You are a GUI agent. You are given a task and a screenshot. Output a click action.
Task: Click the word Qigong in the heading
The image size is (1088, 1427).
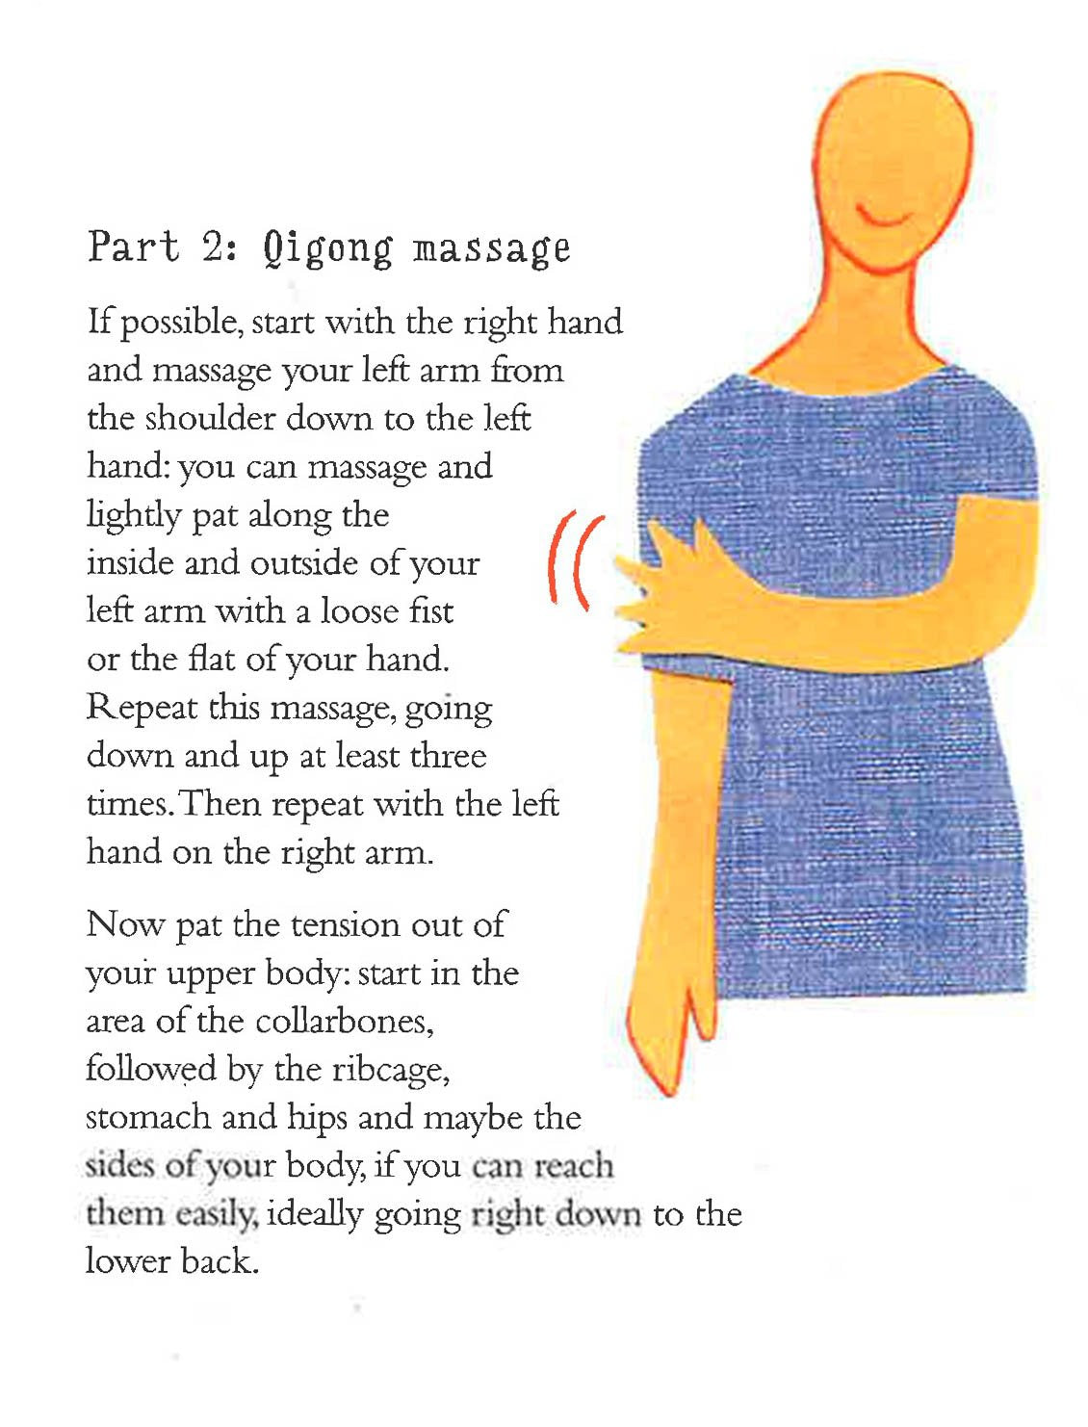point(328,249)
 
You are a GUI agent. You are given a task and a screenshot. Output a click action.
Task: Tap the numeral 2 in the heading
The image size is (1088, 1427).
point(213,246)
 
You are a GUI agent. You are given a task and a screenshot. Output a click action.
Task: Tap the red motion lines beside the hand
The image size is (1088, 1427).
point(576,560)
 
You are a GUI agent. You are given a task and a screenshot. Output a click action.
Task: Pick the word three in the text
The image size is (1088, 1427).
point(447,755)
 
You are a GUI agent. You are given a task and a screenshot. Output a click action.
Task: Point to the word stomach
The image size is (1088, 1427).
point(148,1117)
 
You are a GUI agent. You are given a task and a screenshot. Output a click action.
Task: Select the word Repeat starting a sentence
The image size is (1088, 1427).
point(141,709)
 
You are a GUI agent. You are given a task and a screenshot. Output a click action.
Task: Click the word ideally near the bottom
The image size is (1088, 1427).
point(313,1214)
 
